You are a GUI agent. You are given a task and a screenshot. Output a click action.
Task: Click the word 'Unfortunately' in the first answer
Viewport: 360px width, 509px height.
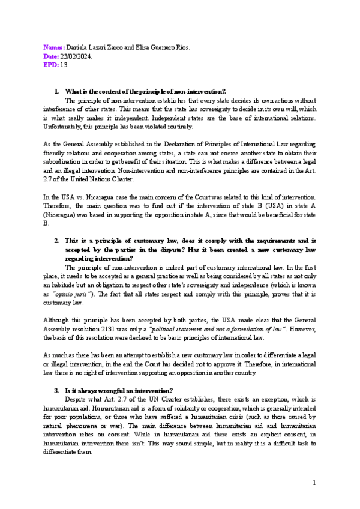pos(65,127)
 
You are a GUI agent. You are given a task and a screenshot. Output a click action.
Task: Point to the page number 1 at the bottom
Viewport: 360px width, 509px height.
pos(313,483)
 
